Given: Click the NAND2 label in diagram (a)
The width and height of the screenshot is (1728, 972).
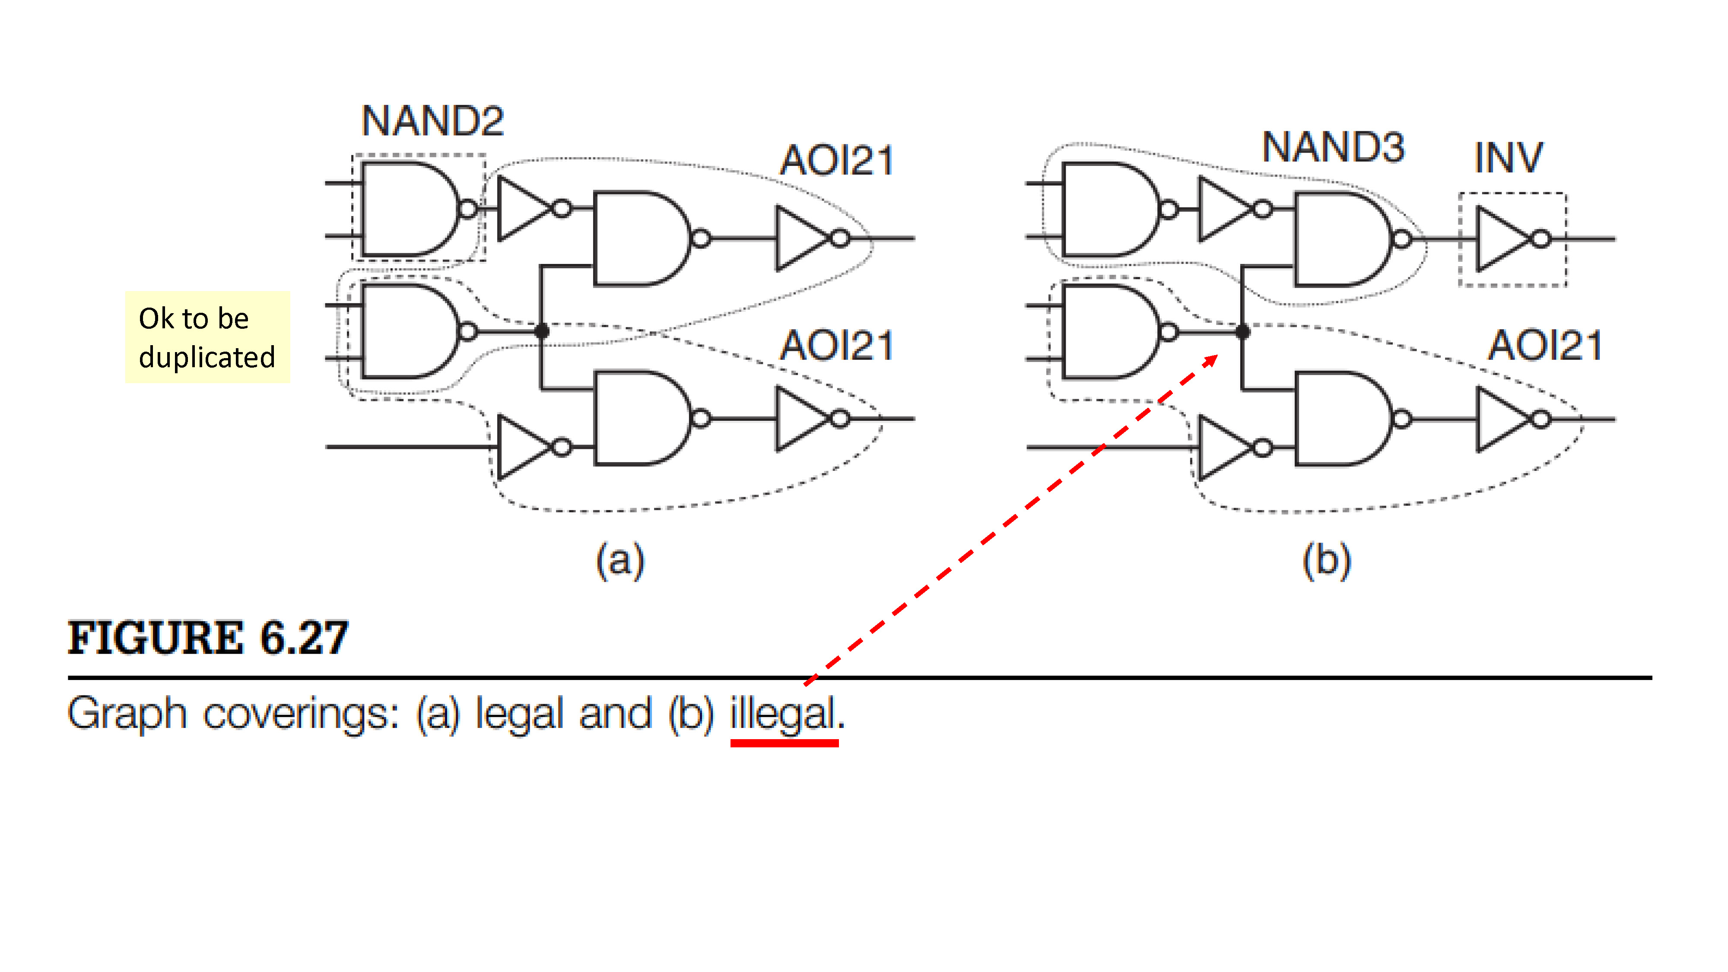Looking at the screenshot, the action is click(432, 121).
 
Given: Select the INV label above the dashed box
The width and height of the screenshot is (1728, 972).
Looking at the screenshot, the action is click(1509, 158).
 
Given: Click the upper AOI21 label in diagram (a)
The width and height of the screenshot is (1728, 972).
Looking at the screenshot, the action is click(837, 161).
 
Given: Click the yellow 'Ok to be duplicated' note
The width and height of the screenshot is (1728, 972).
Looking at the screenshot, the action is click(207, 337).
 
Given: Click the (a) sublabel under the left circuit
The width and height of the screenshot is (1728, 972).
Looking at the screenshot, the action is click(620, 560).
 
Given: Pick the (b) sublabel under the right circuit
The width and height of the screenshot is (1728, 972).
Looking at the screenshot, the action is click(1326, 560).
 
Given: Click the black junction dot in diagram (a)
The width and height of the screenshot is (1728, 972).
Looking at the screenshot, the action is click(542, 331).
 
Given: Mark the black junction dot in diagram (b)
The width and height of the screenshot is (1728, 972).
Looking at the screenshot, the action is click(1242, 331).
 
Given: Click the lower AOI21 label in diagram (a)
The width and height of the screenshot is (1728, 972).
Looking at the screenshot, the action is click(837, 346).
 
